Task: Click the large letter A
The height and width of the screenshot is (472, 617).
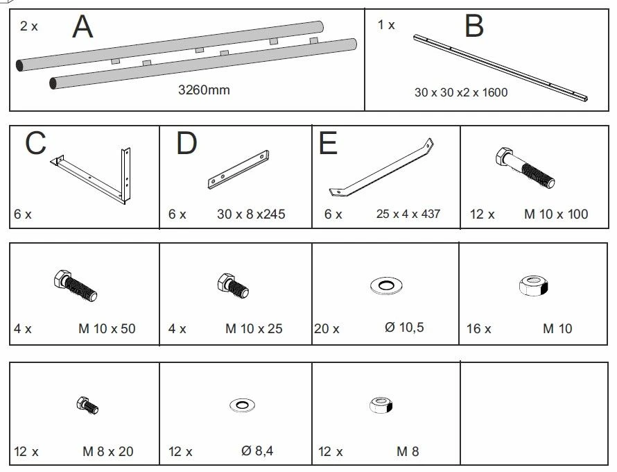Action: [x=82, y=26]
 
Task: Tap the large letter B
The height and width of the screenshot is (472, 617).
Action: [x=473, y=26]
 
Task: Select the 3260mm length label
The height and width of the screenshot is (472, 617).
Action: [x=204, y=90]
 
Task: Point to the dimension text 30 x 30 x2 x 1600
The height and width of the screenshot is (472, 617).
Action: [x=461, y=92]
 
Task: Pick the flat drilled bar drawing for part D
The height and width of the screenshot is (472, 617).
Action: [x=238, y=169]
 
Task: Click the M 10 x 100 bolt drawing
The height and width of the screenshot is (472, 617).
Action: [x=525, y=167]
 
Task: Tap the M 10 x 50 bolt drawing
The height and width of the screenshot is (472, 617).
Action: [x=76, y=285]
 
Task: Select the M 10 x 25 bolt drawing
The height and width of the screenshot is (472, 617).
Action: [x=233, y=286]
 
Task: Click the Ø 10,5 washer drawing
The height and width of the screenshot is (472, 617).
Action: [x=386, y=285]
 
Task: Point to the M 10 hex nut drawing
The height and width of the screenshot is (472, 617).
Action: [x=533, y=286]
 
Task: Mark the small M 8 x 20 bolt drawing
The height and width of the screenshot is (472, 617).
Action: [x=88, y=405]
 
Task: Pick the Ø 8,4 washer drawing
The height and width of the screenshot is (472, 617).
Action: [x=242, y=405]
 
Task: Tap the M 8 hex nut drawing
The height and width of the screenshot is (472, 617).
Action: [x=381, y=405]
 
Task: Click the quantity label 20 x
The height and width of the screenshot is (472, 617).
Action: [x=327, y=328]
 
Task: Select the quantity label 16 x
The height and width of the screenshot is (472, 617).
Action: [x=478, y=328]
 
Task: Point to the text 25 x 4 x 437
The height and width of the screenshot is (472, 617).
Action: [x=408, y=214]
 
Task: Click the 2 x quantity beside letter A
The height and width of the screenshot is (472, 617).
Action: [x=28, y=26]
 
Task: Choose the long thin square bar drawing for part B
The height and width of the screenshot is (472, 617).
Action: [x=501, y=68]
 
